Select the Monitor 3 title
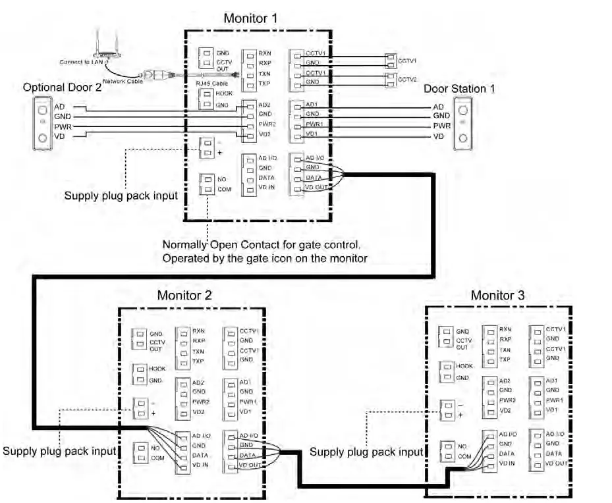pos(497,296)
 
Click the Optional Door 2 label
pos(62,88)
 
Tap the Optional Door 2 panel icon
pos(43,122)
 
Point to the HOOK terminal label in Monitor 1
pos(224,95)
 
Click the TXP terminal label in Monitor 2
pos(198,361)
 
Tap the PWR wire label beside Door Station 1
pos(441,126)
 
